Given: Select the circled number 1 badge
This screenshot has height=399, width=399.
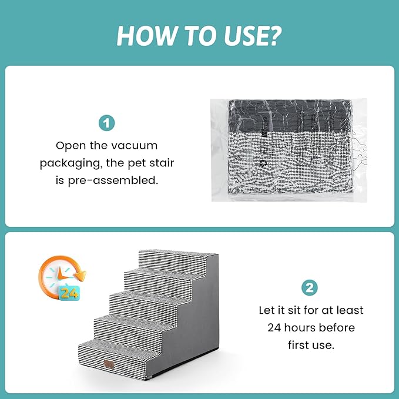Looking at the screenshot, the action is tap(106, 123).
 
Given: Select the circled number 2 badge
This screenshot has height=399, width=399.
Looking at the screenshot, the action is tap(310, 288).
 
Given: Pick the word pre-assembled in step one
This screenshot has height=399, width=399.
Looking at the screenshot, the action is tap(113, 180).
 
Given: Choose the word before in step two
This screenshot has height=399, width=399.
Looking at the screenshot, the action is tap(337, 327).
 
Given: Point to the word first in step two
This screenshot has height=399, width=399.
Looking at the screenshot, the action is tap(299, 345).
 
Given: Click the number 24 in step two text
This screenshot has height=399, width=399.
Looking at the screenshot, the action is tap(274, 328).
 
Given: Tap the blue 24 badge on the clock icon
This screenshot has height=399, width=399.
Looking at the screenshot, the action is tap(69, 293).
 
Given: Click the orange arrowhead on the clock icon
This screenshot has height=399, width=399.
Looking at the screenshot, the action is tap(82, 276).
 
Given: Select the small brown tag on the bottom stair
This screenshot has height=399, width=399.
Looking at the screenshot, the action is tap(109, 364).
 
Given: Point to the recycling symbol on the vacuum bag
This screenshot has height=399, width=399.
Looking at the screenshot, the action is tap(263, 163).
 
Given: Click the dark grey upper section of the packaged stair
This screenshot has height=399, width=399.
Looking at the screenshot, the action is tap(290, 116).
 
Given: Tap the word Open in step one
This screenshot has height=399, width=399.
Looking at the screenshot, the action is tap(71, 146).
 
